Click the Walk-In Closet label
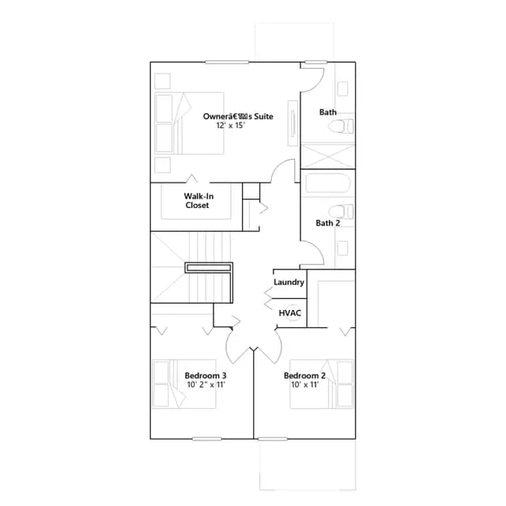(198, 201)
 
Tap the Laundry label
(289, 282)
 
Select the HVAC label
(290, 313)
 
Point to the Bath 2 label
(327, 223)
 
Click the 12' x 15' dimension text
(230, 126)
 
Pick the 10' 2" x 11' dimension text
(206, 385)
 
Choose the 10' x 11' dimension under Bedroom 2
(304, 385)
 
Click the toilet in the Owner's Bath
(341, 126)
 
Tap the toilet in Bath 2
(341, 211)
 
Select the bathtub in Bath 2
(327, 184)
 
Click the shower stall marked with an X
(327, 157)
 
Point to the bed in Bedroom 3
(184, 384)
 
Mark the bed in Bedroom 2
(322, 384)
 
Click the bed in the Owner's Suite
(189, 123)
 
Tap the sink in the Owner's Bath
(342, 89)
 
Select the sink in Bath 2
(342, 248)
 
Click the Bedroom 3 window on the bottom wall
(207, 439)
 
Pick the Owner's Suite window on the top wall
(227, 62)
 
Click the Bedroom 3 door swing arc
(234, 348)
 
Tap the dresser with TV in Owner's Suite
(293, 123)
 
